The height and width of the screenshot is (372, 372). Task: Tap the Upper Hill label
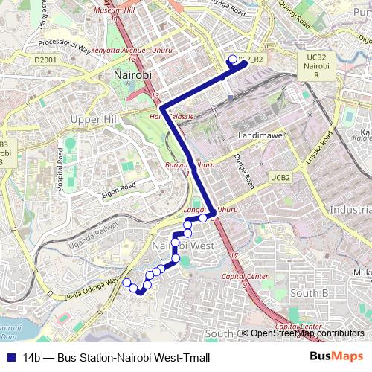pos(94,119)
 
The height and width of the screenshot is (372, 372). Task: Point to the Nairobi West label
pos(183,246)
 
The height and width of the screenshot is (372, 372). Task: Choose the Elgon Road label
pos(120,190)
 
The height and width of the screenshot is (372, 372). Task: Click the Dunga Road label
pos(248,172)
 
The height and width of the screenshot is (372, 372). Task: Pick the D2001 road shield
pos(45,60)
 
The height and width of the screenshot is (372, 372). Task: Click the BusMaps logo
pos(336,357)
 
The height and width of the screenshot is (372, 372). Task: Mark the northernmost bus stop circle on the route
pos(233,60)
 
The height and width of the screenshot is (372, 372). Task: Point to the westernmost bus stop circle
pos(126,283)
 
